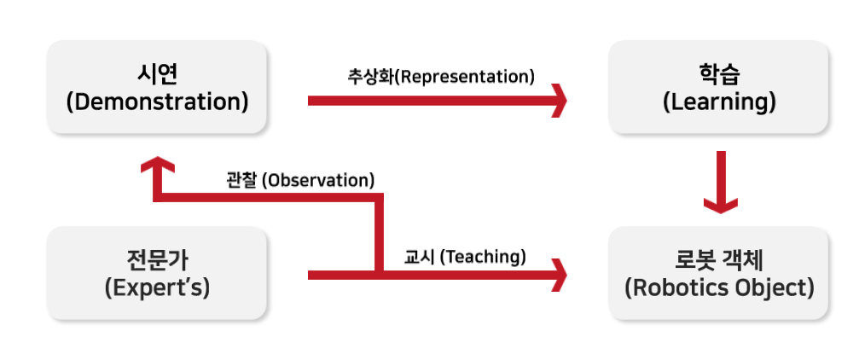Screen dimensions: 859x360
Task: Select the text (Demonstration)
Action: pyautogui.click(x=157, y=102)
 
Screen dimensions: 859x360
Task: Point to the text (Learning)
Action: pyautogui.click(x=719, y=102)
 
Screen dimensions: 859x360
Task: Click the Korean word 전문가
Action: pyautogui.click(x=157, y=260)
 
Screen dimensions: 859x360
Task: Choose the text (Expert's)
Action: pyautogui.click(x=157, y=287)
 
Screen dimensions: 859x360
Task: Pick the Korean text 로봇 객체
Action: pyautogui.click(x=719, y=260)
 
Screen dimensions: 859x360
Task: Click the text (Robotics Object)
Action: pyautogui.click(x=719, y=287)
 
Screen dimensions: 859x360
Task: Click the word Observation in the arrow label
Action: pyautogui.click(x=318, y=180)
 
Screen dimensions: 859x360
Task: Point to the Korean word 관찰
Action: pyautogui.click(x=241, y=180)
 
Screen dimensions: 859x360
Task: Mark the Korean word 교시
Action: pyautogui.click(x=420, y=256)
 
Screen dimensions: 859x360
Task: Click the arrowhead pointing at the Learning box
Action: pyautogui.click(x=559, y=101)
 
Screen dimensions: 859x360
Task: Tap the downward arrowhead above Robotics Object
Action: pyautogui.click(x=721, y=206)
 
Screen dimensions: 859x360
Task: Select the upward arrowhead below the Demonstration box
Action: pyautogui.click(x=157, y=165)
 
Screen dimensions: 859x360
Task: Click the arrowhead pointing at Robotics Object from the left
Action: pyautogui.click(x=559, y=275)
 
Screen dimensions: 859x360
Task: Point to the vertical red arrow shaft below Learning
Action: pyautogui.click(x=721, y=176)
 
